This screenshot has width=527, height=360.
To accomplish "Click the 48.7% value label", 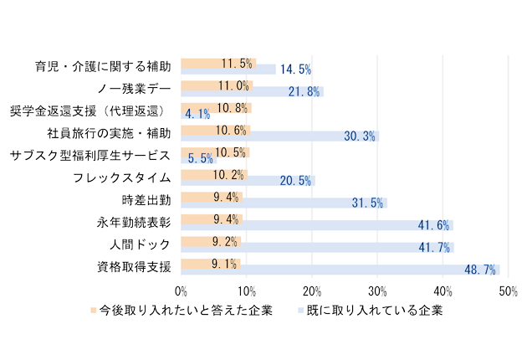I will [480, 270].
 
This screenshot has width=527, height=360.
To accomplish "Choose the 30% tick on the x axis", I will [377, 291].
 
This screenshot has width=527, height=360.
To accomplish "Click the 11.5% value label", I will [237, 63].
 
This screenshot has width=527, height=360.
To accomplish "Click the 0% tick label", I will [181, 291].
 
